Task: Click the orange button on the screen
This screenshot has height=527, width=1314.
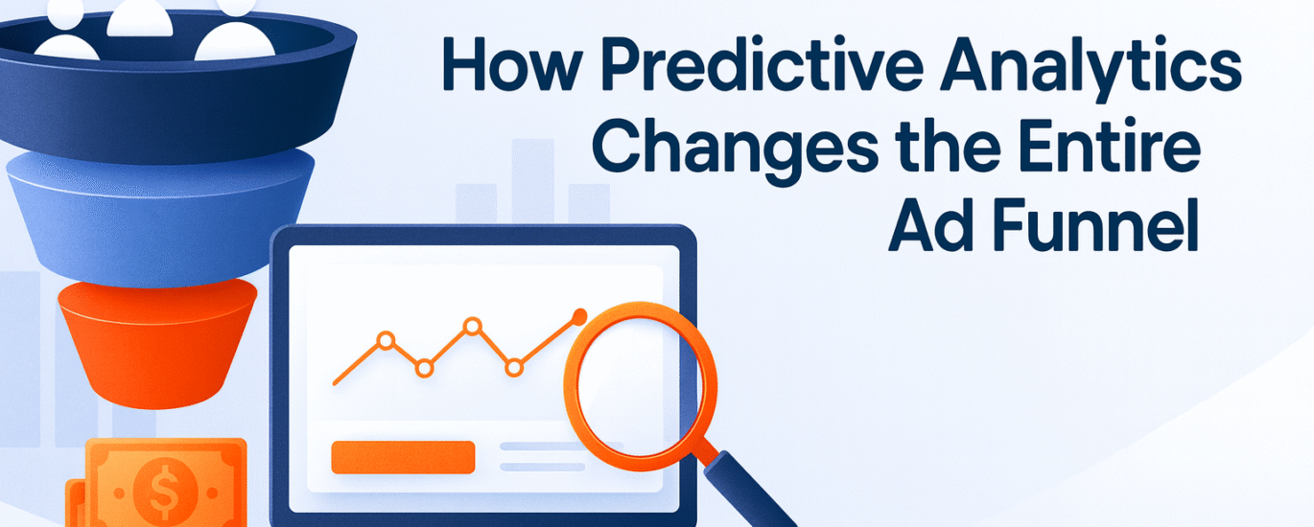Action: coord(403,457)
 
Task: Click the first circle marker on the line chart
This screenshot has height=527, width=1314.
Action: coord(386,339)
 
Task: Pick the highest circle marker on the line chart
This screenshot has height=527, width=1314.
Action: coord(471,326)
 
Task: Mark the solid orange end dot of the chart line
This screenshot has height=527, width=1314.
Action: coord(578,314)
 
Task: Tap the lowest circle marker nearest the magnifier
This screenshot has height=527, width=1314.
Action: coord(514,366)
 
